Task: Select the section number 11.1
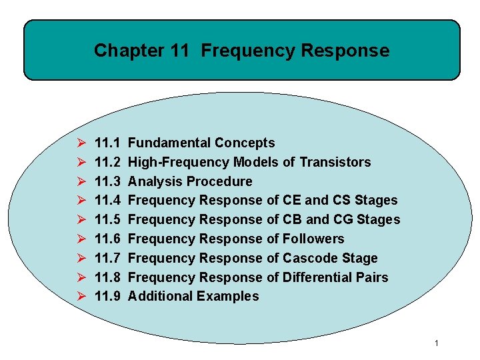pyautogui.click(x=107, y=143)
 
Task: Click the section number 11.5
pyautogui.click(x=107, y=219)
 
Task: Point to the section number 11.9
pyautogui.click(x=107, y=296)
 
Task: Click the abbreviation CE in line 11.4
pyautogui.click(x=292, y=200)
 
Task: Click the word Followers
pyautogui.click(x=313, y=239)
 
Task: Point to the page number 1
pyautogui.click(x=436, y=343)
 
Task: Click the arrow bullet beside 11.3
pyautogui.click(x=81, y=181)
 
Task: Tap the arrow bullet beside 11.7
pyautogui.click(x=81, y=258)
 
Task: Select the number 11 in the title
pyautogui.click(x=180, y=51)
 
